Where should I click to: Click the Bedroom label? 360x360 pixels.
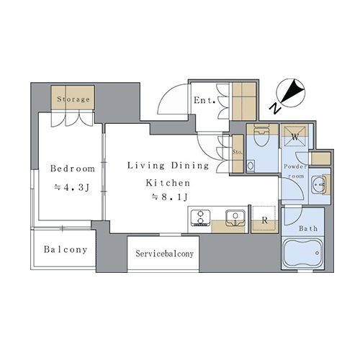pyautogui.click(x=73, y=168)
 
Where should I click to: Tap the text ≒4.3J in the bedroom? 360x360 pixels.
pyautogui.click(x=72, y=187)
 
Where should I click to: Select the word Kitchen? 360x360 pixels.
pyautogui.click(x=168, y=183)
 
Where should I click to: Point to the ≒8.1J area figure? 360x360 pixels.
pyautogui.click(x=169, y=197)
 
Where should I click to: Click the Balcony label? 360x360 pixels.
pyautogui.click(x=66, y=250)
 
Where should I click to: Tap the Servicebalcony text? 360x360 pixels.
pyautogui.click(x=165, y=253)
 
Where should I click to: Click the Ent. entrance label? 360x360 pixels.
pyautogui.click(x=204, y=100)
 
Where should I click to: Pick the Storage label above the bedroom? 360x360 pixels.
pyautogui.click(x=73, y=99)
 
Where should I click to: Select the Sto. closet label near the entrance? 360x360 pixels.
pyautogui.click(x=237, y=152)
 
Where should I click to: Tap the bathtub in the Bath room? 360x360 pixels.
pyautogui.click(x=302, y=253)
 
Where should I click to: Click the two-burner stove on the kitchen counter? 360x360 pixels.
pyautogui.click(x=200, y=217)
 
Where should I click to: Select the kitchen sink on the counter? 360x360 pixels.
pyautogui.click(x=235, y=218)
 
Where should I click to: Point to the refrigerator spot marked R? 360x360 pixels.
pyautogui.click(x=264, y=220)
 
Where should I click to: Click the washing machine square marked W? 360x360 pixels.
pyautogui.click(x=294, y=136)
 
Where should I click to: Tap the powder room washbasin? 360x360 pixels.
pyautogui.click(x=318, y=185)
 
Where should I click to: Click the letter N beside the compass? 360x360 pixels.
pyautogui.click(x=276, y=109)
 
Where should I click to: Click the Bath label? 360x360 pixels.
pyautogui.click(x=308, y=228)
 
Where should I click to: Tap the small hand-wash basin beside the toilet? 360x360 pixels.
pyautogui.click(x=251, y=166)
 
